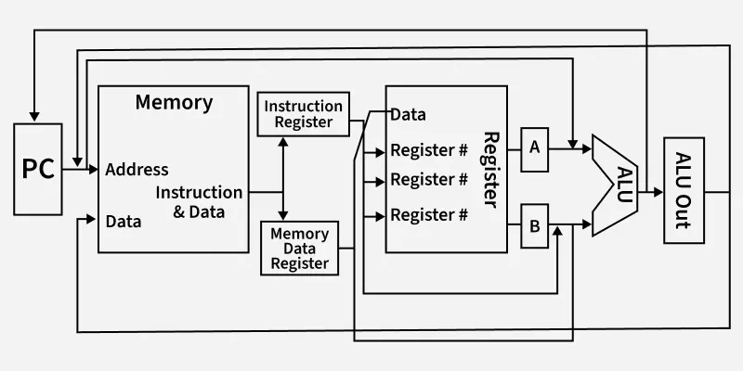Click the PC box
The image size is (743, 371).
(x=38, y=168)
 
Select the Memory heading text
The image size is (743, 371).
(x=174, y=102)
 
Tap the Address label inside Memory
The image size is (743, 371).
(x=137, y=170)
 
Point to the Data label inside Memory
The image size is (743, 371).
(x=124, y=222)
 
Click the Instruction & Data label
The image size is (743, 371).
(x=198, y=201)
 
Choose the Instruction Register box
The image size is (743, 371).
(x=304, y=113)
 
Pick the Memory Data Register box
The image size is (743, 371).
(x=299, y=248)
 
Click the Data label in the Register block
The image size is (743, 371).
(x=408, y=115)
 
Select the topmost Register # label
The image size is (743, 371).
(x=428, y=150)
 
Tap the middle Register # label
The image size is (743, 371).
(x=428, y=179)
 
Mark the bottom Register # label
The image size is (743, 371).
(x=428, y=215)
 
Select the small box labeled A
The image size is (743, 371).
(x=534, y=147)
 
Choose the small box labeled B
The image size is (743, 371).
(x=534, y=224)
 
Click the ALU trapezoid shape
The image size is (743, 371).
(x=615, y=185)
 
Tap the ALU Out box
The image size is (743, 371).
(x=684, y=190)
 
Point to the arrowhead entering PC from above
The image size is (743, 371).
(x=33, y=118)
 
